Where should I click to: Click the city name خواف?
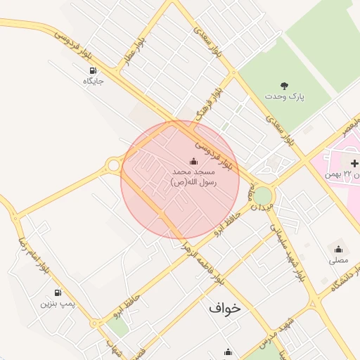coord(224,307)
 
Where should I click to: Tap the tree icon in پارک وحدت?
coord(285,85)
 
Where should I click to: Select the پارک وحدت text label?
coord(285,95)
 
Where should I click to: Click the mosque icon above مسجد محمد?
coord(193,161)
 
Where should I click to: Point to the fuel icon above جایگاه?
coord(94,70)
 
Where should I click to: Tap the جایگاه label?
coord(94,81)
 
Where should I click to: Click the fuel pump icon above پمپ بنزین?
coord(57,292)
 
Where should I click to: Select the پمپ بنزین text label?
coord(56,304)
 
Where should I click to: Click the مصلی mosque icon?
coord(338,249)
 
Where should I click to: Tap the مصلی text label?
coord(338,259)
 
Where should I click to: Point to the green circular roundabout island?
coord(262,195)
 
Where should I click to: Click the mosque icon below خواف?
coord(227,352)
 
